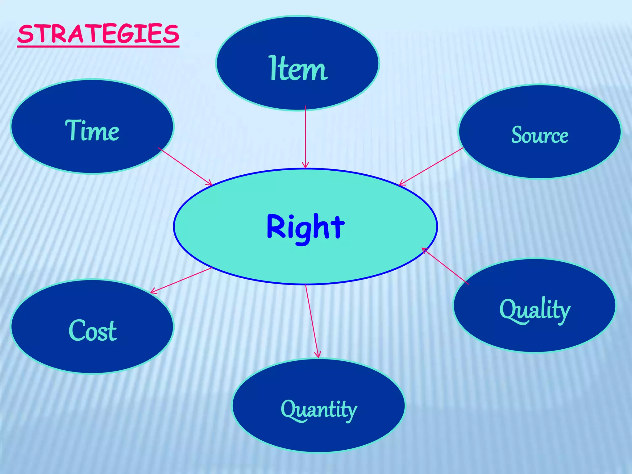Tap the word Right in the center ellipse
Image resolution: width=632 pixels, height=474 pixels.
click(x=305, y=227)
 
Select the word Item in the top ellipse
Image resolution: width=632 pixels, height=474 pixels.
click(x=298, y=69)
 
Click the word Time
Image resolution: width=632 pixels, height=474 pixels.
click(x=92, y=131)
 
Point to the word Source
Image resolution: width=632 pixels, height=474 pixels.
click(x=540, y=135)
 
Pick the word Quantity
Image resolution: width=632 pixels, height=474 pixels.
click(x=319, y=410)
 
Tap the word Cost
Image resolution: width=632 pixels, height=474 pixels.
click(x=93, y=331)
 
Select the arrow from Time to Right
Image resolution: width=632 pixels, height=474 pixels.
click(x=185, y=167)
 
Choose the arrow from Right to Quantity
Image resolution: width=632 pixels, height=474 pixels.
click(x=312, y=321)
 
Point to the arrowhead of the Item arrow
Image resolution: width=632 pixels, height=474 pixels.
click(x=306, y=166)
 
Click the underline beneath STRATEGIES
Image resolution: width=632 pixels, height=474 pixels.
click(x=98, y=46)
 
